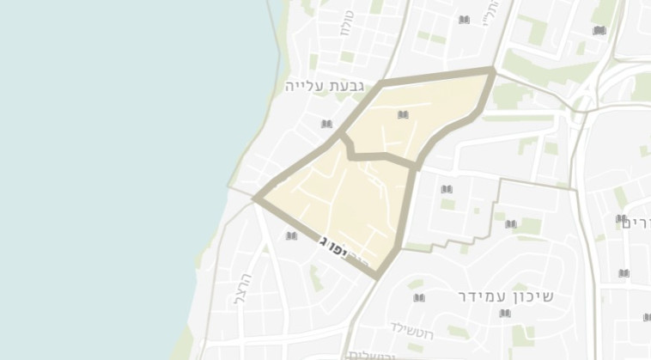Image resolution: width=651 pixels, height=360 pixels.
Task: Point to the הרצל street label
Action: pos(241,289)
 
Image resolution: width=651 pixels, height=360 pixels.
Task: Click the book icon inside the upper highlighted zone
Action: pos(403,114)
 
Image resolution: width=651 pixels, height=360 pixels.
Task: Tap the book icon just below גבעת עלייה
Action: pos(326,125)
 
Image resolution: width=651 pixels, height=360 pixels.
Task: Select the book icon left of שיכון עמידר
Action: pos(419,298)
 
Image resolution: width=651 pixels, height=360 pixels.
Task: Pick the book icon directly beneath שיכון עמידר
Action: pos(505,315)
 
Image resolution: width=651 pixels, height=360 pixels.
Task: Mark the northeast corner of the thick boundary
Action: pos(493,70)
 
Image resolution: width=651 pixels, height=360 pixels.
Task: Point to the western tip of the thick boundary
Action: pos(256,198)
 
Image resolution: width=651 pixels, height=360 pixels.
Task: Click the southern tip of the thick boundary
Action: pos(376,275)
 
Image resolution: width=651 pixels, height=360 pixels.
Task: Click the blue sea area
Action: pos(112,172)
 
